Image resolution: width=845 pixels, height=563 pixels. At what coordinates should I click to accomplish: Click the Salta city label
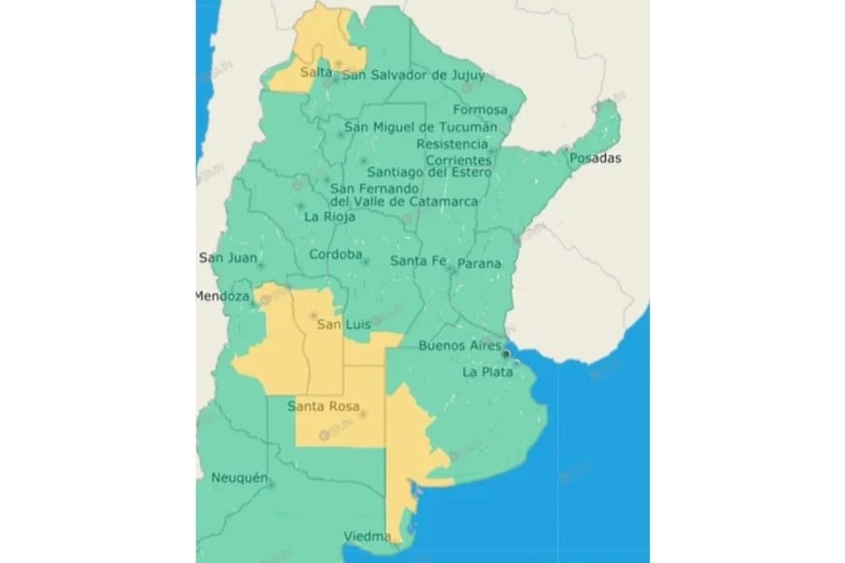317,73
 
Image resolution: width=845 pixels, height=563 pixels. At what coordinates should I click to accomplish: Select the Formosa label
480,110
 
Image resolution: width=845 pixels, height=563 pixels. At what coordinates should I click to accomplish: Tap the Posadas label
595,158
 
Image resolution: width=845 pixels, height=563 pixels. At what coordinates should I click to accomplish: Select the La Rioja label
330,217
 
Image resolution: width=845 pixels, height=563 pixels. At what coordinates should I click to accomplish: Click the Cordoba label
335,256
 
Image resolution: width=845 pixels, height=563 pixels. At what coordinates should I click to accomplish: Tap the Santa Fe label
418,261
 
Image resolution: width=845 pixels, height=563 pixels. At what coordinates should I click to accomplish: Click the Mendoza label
222,296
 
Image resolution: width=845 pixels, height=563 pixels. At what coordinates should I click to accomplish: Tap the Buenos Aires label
458,346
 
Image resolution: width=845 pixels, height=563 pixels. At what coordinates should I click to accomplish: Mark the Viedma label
366,536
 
